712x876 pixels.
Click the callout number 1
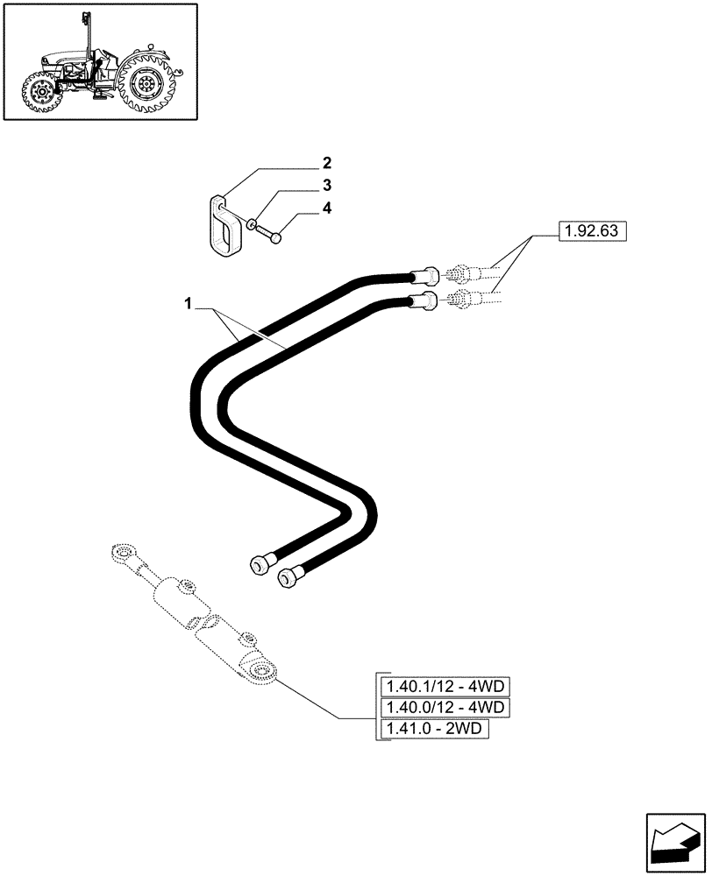(188, 303)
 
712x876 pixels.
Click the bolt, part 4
(271, 234)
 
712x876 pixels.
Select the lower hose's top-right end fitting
(427, 301)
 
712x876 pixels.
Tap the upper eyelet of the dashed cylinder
(121, 554)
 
